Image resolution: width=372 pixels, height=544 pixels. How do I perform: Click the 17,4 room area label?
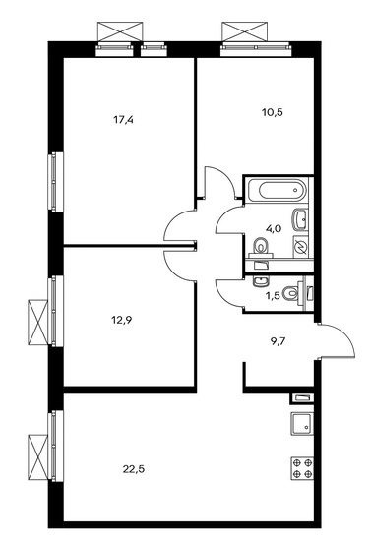pyautogui.click(x=124, y=120)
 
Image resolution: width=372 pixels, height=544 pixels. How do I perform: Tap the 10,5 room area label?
pyautogui.click(x=272, y=112)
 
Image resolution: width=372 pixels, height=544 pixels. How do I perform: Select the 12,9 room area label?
pyautogui.click(x=121, y=319)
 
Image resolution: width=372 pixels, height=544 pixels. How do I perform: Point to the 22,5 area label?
pyautogui.click(x=133, y=469)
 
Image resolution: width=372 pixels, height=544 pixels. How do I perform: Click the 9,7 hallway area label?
pyautogui.click(x=279, y=342)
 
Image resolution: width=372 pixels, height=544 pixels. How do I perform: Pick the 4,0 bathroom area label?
pyautogui.click(x=274, y=228)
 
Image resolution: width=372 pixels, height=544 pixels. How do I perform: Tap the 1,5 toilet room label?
pyautogui.click(x=273, y=296)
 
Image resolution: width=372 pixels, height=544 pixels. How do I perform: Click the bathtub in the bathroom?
pyautogui.click(x=278, y=190)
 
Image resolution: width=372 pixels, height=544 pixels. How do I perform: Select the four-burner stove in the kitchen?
pyautogui.click(x=302, y=468)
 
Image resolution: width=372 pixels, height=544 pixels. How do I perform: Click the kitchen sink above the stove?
pyautogui.click(x=302, y=423)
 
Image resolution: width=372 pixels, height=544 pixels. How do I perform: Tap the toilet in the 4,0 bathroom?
pyautogui.click(x=260, y=247)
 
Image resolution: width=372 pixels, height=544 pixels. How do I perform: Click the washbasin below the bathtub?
pyautogui.click(x=300, y=219)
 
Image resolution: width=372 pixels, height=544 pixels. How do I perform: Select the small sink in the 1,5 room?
pyautogui.click(x=260, y=281)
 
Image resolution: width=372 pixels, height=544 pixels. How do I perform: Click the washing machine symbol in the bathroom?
pyautogui.click(x=300, y=247)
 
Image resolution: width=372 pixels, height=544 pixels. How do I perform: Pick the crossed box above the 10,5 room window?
pyautogui.click(x=245, y=31)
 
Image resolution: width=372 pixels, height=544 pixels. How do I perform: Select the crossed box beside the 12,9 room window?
pyautogui.click(x=37, y=323)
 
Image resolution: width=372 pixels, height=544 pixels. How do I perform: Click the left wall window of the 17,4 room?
pyautogui.click(x=55, y=181)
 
